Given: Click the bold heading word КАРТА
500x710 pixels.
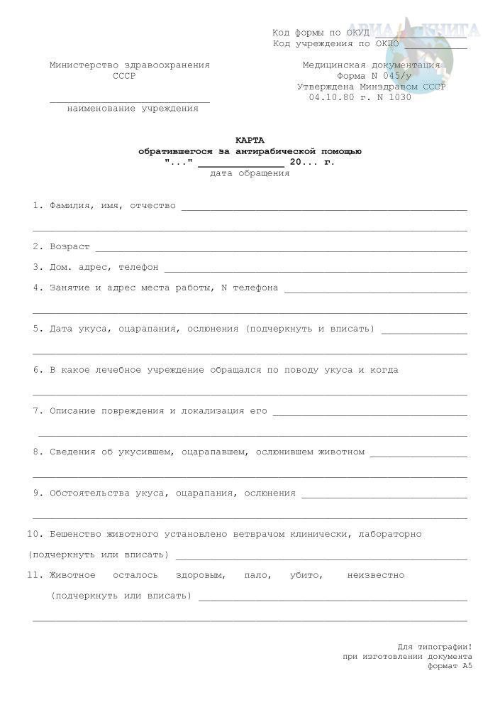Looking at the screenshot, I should click(x=249, y=140).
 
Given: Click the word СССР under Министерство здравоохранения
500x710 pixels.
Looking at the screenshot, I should click(x=124, y=75).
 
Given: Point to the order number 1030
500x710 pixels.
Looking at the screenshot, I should click(x=399, y=97).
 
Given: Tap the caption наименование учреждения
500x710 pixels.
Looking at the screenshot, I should click(x=133, y=109).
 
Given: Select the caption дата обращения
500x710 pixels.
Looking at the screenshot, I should click(x=250, y=173).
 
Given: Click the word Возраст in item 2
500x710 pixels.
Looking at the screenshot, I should click(x=70, y=246).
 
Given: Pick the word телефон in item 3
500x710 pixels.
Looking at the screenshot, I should click(x=138, y=268).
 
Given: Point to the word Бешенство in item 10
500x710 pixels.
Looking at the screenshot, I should click(x=77, y=534).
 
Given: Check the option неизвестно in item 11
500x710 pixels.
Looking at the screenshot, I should click(x=376, y=575).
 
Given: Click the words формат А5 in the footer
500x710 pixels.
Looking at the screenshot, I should click(x=450, y=667).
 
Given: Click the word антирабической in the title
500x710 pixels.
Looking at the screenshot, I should click(x=270, y=151).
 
